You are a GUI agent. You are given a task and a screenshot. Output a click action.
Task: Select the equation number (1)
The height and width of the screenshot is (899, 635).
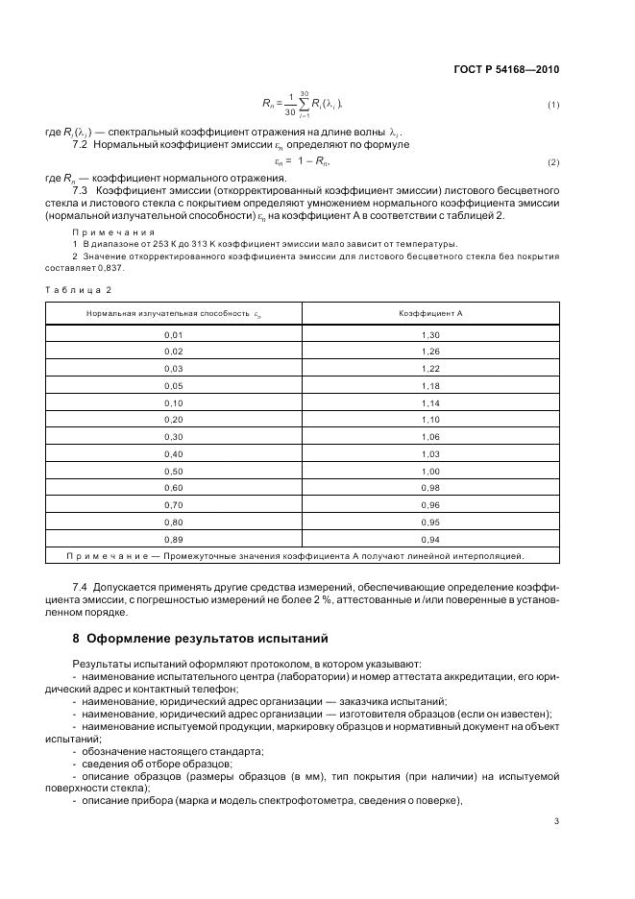click(x=553, y=104)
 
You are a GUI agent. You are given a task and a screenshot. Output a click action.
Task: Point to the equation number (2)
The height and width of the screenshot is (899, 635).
click(x=553, y=161)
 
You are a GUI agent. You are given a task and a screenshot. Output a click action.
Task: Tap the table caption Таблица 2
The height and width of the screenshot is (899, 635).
click(x=79, y=289)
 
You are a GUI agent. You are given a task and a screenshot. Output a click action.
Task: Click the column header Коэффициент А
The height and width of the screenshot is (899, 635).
click(x=430, y=313)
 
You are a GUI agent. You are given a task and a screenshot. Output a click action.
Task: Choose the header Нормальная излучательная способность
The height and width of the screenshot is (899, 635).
click(x=173, y=313)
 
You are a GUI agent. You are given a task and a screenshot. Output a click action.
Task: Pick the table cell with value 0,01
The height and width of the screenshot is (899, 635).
click(x=174, y=334)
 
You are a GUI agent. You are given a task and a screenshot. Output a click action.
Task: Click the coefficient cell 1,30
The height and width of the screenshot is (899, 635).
click(x=430, y=334)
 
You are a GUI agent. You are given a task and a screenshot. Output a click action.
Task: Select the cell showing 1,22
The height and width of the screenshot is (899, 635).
click(x=430, y=368)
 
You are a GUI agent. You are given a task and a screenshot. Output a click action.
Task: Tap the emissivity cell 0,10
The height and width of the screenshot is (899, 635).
click(x=174, y=402)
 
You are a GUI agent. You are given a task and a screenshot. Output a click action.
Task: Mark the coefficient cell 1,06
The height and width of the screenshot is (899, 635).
click(x=430, y=436)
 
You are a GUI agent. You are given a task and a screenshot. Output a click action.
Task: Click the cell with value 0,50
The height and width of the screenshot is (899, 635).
click(x=174, y=471)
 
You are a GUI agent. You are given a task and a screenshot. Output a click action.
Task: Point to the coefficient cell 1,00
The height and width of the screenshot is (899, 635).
click(x=430, y=471)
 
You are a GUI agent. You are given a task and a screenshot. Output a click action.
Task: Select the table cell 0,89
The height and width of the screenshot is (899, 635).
click(x=174, y=539)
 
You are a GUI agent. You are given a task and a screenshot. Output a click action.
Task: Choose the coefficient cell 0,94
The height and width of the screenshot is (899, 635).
click(x=430, y=539)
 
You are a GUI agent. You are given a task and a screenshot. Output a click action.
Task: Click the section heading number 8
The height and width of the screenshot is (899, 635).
click(x=77, y=637)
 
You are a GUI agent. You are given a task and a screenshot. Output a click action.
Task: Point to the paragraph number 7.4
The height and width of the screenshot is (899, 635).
click(x=82, y=585)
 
